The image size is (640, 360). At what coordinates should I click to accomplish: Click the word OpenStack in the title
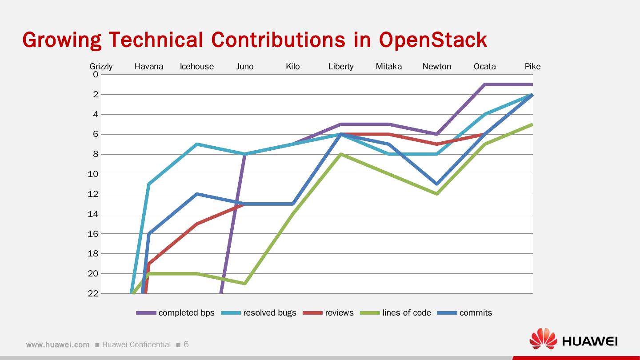pos(433,40)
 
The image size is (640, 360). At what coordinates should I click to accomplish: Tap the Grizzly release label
pos(101,67)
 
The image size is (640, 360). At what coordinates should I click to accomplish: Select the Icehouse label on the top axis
pos(197,67)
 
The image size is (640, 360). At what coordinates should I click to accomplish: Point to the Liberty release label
pos(341,67)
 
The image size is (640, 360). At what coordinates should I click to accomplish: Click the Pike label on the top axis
pos(532,67)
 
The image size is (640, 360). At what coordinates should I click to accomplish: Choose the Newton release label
pos(437,67)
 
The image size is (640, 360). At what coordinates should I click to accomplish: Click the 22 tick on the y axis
pos(93,293)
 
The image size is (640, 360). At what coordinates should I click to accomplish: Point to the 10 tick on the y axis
pos(93,174)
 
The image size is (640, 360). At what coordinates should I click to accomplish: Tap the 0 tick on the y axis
pos(96,75)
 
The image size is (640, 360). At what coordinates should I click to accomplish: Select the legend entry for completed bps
pos(175,313)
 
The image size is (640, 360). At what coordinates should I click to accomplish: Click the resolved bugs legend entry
pos(259,313)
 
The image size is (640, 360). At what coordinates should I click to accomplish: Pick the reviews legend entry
pos(328,313)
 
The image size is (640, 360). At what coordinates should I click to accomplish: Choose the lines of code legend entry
pos(396,313)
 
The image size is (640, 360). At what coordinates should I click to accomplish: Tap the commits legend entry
pos(464,313)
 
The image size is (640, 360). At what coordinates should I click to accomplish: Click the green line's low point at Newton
pos(437,194)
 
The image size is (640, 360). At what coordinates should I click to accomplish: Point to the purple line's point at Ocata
pos(485,84)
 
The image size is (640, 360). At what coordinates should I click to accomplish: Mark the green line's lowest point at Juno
pos(245,284)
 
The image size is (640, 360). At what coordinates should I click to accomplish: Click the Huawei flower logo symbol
pos(543,339)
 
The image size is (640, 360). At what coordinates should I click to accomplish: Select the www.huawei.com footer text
pos(58,344)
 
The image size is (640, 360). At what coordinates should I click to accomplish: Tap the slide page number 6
pos(186,344)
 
